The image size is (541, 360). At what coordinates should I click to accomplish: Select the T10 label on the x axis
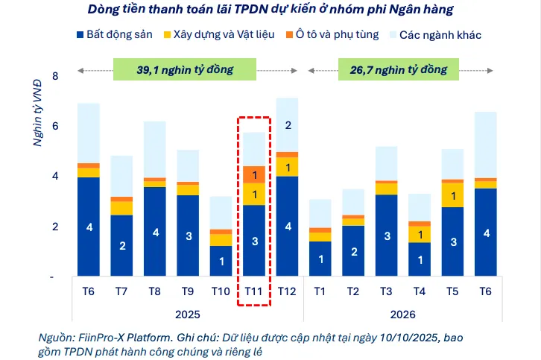(221, 291)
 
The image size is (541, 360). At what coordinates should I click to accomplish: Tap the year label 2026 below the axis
(402, 315)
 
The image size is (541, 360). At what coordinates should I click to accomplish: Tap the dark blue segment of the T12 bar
(288, 226)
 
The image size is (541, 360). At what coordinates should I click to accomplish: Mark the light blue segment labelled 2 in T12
(288, 125)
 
